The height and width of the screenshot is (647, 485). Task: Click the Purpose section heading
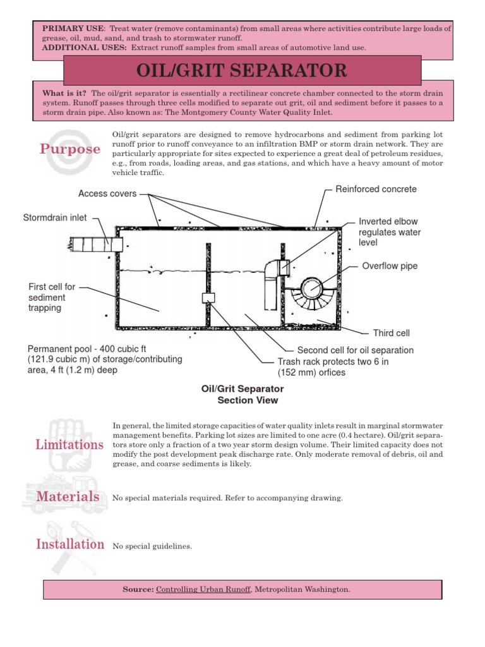coord(70,149)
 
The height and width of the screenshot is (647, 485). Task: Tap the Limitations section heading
coord(70,444)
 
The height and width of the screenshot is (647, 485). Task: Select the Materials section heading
coord(68,497)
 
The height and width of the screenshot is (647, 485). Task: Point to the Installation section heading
coord(70,544)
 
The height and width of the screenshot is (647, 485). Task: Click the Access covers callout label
coord(107,193)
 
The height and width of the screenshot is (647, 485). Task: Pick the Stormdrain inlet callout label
coord(55,218)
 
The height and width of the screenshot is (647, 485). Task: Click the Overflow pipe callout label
coord(390,266)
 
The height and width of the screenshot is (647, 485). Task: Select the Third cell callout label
coord(392,333)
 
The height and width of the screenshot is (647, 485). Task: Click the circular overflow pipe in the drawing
coord(312,289)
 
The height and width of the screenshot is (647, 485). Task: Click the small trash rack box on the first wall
coord(208,298)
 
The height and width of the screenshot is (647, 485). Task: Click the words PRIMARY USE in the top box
coord(66,29)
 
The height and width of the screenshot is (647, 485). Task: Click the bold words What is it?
coord(61,93)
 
